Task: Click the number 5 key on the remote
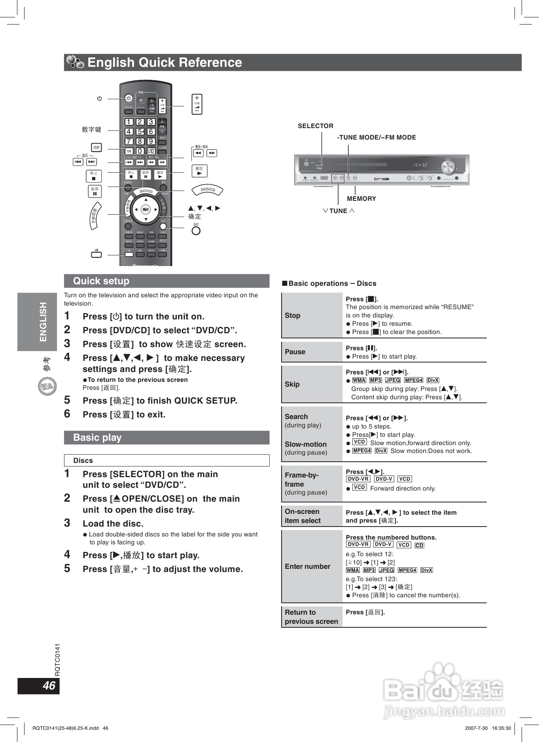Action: pos(140,132)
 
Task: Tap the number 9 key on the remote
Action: pos(151,141)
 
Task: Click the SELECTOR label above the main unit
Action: pos(315,126)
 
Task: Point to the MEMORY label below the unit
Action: pos(361,199)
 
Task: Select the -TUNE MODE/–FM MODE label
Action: pos(376,138)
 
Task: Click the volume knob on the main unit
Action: pos(448,168)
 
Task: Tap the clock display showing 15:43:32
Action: pos(420,165)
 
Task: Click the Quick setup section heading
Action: pos(101,281)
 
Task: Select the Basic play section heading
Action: pos(97,438)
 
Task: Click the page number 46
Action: pos(49,686)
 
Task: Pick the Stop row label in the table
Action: pos(293,315)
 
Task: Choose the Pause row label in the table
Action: pos(295,352)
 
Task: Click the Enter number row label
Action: pos(307,566)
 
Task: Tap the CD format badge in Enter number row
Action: pos(419,546)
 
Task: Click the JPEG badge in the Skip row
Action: pos(393,380)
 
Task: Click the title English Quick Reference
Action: pos(165,62)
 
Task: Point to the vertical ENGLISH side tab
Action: pos(43,322)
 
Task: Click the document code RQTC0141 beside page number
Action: pos(57,660)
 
